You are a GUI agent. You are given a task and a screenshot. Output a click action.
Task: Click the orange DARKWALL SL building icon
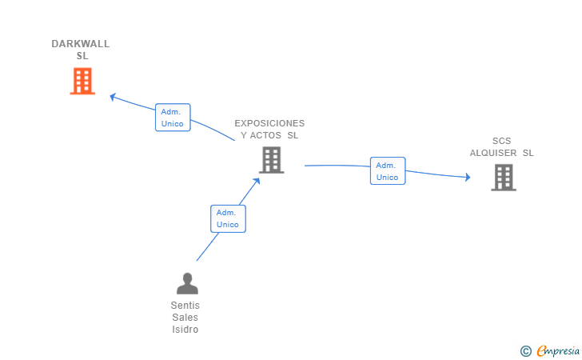pos(82,81)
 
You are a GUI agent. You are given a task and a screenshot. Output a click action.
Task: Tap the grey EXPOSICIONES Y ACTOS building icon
pos(271,160)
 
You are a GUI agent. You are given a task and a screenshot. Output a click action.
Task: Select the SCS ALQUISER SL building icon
pos(504,178)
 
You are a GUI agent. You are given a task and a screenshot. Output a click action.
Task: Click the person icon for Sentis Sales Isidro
pos(187,283)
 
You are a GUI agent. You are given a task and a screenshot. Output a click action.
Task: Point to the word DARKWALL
pos(81,44)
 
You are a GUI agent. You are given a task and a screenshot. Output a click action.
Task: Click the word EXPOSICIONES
pos(269,123)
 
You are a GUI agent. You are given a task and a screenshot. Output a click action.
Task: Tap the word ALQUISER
pos(493,153)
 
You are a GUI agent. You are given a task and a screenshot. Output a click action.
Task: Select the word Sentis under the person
pos(185,306)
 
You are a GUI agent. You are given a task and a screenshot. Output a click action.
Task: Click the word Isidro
pos(185,330)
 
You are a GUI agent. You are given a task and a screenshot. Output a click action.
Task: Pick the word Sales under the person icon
pos(185,318)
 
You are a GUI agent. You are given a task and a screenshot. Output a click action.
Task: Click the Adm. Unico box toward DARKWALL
pos(173,118)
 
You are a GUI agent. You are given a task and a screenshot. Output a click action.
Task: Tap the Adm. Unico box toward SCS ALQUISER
pos(388,171)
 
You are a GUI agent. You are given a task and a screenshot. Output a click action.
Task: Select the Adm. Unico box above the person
pos(228,219)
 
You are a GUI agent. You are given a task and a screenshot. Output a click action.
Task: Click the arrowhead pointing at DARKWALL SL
pos(113,97)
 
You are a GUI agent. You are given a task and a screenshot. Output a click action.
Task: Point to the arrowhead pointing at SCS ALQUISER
pos(468,178)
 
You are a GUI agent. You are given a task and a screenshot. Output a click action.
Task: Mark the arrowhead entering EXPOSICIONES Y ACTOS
pos(257,182)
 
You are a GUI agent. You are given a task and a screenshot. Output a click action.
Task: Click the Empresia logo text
pos(558,350)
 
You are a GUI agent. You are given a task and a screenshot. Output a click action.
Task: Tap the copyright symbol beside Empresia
pos(526,351)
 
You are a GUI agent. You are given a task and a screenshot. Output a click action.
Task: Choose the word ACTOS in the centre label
pos(265,136)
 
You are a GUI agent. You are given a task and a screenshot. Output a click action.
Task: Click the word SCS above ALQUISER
pos(502,141)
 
